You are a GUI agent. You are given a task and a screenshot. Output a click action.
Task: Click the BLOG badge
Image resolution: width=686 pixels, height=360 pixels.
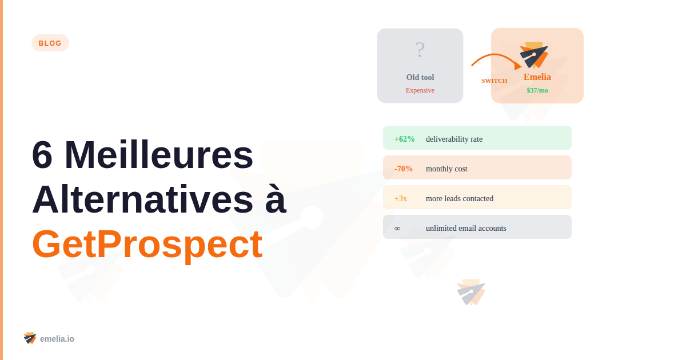[x=50, y=43]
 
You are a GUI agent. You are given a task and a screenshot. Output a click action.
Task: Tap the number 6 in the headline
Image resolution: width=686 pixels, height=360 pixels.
[x=43, y=155]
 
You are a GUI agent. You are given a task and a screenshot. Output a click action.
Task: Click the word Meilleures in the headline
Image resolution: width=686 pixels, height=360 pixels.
[x=159, y=155]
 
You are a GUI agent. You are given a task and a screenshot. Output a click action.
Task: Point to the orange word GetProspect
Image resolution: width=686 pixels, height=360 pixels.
[x=147, y=244]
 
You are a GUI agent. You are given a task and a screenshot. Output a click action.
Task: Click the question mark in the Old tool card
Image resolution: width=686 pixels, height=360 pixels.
[x=420, y=50]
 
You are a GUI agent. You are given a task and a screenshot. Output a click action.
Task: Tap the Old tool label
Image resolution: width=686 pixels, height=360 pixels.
[x=420, y=77]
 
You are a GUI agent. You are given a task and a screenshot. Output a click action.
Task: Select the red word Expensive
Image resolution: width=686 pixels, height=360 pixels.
[x=420, y=90]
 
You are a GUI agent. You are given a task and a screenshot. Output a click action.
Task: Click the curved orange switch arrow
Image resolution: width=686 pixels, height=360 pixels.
[x=495, y=59]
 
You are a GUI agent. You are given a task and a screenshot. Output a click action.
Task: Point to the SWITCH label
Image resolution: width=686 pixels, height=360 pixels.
[x=494, y=81]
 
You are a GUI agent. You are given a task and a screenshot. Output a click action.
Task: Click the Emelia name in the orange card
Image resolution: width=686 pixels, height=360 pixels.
[x=537, y=77]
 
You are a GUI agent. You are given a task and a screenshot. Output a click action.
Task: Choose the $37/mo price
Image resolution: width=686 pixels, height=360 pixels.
[x=537, y=90]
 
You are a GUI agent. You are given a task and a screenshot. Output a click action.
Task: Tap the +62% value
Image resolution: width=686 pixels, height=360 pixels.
[x=404, y=139]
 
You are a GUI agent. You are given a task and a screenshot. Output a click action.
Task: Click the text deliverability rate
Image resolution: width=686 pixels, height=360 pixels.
[x=454, y=139]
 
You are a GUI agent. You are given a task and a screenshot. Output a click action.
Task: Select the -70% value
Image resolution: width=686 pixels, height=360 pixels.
[x=404, y=169]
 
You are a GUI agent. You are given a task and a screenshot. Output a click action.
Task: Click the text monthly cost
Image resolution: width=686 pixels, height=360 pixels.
[x=446, y=169]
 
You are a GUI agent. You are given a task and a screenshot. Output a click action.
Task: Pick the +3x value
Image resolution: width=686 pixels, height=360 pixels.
[x=401, y=198]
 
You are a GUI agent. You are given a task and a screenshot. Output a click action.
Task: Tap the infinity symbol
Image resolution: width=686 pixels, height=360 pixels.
[x=397, y=228]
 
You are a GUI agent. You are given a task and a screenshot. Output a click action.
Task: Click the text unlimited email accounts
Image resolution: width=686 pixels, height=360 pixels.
[x=466, y=228]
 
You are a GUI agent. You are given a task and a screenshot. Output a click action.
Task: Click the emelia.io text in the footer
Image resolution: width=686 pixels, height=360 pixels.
[x=57, y=339]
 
